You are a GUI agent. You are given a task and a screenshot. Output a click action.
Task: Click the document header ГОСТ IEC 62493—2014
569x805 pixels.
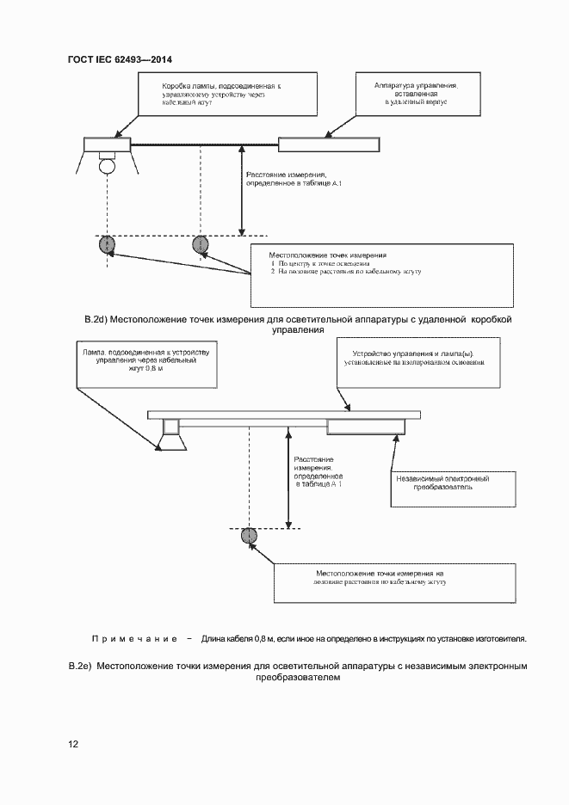click(x=121, y=60)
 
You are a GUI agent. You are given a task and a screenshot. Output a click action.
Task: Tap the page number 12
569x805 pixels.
click(x=73, y=744)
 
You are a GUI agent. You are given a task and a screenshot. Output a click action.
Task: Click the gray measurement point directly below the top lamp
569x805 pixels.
click(x=107, y=245)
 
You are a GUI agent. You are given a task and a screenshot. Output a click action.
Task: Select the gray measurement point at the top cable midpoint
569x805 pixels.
click(x=201, y=245)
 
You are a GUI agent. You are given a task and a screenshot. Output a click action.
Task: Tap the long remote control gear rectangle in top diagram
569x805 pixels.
click(x=328, y=144)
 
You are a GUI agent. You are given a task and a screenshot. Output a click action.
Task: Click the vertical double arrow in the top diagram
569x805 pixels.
click(x=242, y=190)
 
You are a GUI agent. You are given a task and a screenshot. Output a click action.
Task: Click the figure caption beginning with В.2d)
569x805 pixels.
click(x=298, y=324)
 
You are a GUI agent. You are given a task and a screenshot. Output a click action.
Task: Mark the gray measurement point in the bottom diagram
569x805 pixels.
click(x=249, y=535)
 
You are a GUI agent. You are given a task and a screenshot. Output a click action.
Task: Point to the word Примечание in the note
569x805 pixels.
click(x=133, y=640)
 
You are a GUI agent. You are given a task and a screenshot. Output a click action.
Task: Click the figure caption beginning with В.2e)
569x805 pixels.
click(x=298, y=672)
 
